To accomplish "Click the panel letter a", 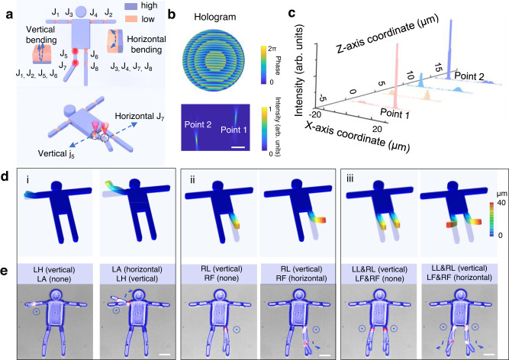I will tap(6, 6).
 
